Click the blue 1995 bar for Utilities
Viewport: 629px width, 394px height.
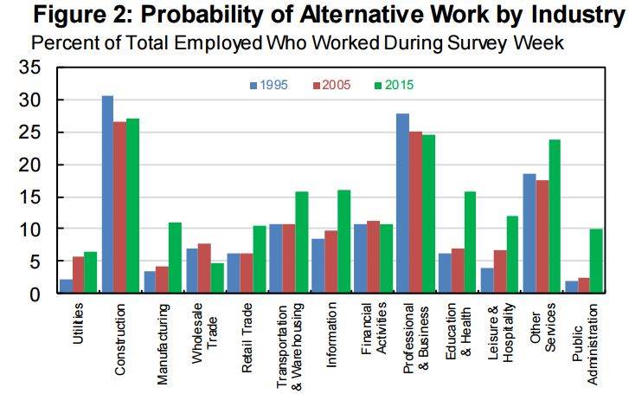[x=66, y=287]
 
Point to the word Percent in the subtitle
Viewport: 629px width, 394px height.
[x=59, y=42]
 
